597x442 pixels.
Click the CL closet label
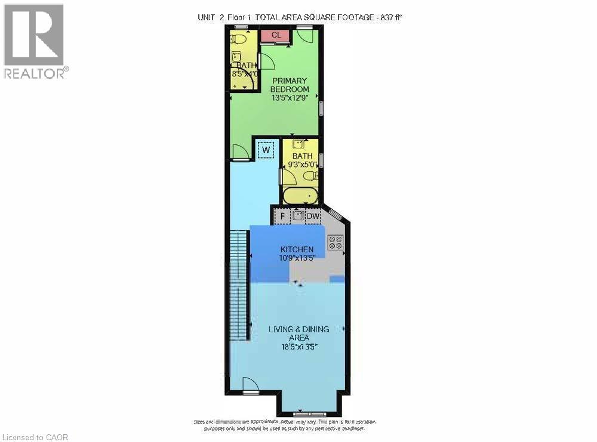(276, 35)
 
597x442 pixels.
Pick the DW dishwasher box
(313, 216)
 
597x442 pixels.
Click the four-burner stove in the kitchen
(336, 242)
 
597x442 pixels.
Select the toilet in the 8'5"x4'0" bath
(239, 39)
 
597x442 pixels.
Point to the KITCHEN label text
(297, 249)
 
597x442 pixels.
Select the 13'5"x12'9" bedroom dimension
(290, 98)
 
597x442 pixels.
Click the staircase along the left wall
(239, 285)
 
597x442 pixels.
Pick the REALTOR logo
(34, 41)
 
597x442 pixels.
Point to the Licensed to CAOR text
(36, 437)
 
